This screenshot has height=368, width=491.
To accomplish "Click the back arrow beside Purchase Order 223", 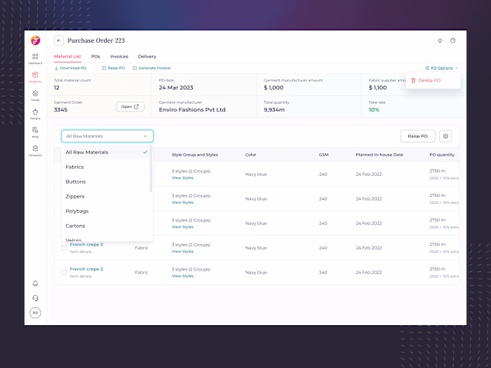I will (x=59, y=41).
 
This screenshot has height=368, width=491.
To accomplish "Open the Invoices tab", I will (x=119, y=56).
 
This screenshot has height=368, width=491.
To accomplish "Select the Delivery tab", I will (x=147, y=56).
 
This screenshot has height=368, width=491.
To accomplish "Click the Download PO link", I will (x=71, y=68).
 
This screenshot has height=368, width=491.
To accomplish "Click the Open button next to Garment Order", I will (x=130, y=107).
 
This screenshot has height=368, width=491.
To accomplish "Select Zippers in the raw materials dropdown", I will (x=75, y=196).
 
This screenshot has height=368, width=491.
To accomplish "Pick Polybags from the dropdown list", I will (x=77, y=211).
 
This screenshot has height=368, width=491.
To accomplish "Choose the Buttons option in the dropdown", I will (x=75, y=182).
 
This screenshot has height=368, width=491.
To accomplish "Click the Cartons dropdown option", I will (x=76, y=226).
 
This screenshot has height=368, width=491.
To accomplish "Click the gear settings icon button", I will (x=445, y=136).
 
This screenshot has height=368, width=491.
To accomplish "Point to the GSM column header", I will (x=323, y=154).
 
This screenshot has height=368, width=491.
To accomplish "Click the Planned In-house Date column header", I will (x=379, y=154).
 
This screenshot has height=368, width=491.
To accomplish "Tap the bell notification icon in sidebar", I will (x=35, y=283).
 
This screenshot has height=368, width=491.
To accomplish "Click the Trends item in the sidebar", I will (x=35, y=95).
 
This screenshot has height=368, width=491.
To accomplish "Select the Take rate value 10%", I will (x=374, y=109).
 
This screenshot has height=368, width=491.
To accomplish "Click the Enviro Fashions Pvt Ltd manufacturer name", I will (x=192, y=109).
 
